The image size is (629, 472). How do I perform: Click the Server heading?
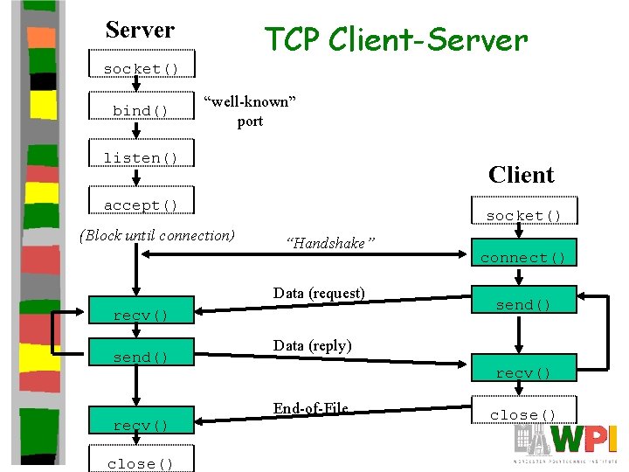tap(140, 30)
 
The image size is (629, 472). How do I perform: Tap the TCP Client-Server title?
tap(396, 39)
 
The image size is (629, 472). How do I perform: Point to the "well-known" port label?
tap(250, 111)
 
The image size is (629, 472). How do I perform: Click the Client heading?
tap(522, 175)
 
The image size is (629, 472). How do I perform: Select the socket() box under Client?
tap(523, 215)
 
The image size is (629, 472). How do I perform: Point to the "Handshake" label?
tap(330, 244)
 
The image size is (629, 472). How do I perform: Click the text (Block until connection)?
tap(157, 234)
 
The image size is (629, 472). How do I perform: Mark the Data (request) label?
tap(319, 293)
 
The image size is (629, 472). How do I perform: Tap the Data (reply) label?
tap(313, 345)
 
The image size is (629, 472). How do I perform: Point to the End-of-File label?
tap(310, 408)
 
